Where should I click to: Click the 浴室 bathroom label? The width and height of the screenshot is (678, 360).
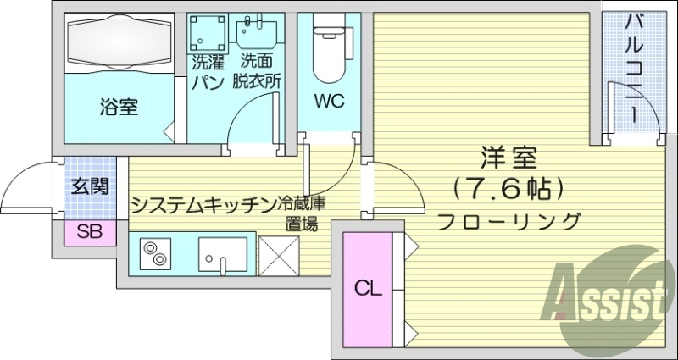[x=119, y=108]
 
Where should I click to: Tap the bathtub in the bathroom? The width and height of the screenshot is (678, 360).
[x=119, y=42]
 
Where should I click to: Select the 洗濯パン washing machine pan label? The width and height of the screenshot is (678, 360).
[x=207, y=71]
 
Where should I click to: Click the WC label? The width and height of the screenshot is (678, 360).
[x=330, y=102]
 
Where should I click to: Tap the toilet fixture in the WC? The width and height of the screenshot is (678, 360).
[x=329, y=47]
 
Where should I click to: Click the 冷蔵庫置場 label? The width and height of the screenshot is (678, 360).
[x=303, y=213]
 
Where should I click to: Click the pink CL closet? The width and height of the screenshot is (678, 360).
[x=368, y=288]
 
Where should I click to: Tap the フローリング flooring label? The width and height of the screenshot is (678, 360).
[x=508, y=222]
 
